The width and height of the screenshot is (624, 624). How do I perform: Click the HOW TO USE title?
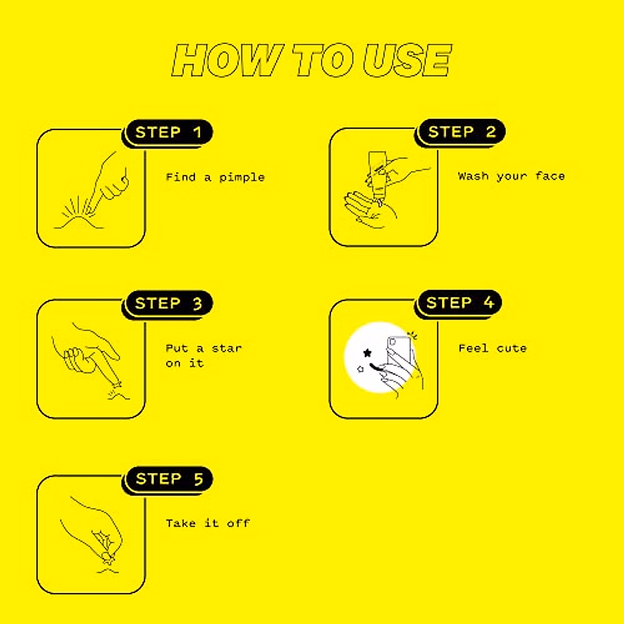point(311,60)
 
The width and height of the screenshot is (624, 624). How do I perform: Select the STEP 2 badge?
point(461,132)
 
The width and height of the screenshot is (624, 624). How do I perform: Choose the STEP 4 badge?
point(460,303)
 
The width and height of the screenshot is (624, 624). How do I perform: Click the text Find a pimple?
point(215,177)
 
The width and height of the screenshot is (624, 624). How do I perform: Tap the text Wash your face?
point(511,176)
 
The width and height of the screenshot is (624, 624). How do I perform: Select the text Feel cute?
point(492,348)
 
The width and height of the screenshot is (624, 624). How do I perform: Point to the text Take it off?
point(207,523)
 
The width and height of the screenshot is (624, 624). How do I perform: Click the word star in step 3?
point(227,348)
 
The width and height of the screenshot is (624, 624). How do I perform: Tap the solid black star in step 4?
point(368,353)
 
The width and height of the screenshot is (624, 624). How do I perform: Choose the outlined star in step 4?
point(360,369)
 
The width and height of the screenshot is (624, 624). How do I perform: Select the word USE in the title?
point(407,60)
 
